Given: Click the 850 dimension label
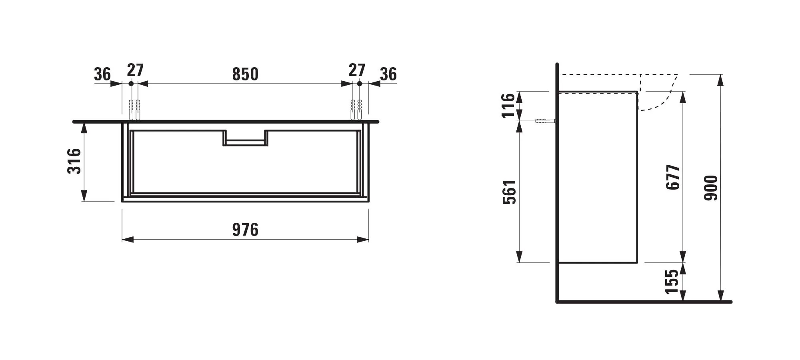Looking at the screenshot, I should tap(245, 74).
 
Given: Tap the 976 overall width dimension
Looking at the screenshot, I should tap(245, 230).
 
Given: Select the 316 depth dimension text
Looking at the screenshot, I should tap(74, 161).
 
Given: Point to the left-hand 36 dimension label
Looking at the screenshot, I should tap(102, 74).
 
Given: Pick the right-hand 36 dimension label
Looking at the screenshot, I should tap(388, 74).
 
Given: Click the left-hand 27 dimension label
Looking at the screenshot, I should tap(135, 70).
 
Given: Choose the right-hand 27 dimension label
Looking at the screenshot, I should tap(356, 70).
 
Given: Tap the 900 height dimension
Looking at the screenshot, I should tap(711, 188).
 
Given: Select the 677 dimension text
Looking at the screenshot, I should tap(673, 177).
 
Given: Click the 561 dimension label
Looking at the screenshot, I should tap(510, 192).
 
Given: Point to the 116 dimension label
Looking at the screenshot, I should tap(508, 106).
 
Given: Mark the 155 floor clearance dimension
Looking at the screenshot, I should tap(672, 282).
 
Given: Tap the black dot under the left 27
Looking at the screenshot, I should tap(131, 84).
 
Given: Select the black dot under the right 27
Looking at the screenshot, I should tap(359, 84).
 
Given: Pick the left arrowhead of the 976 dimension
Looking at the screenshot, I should tap(128, 240).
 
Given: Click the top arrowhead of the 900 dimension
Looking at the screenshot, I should tap(720, 80).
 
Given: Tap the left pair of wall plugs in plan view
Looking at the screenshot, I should tap(134, 109).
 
